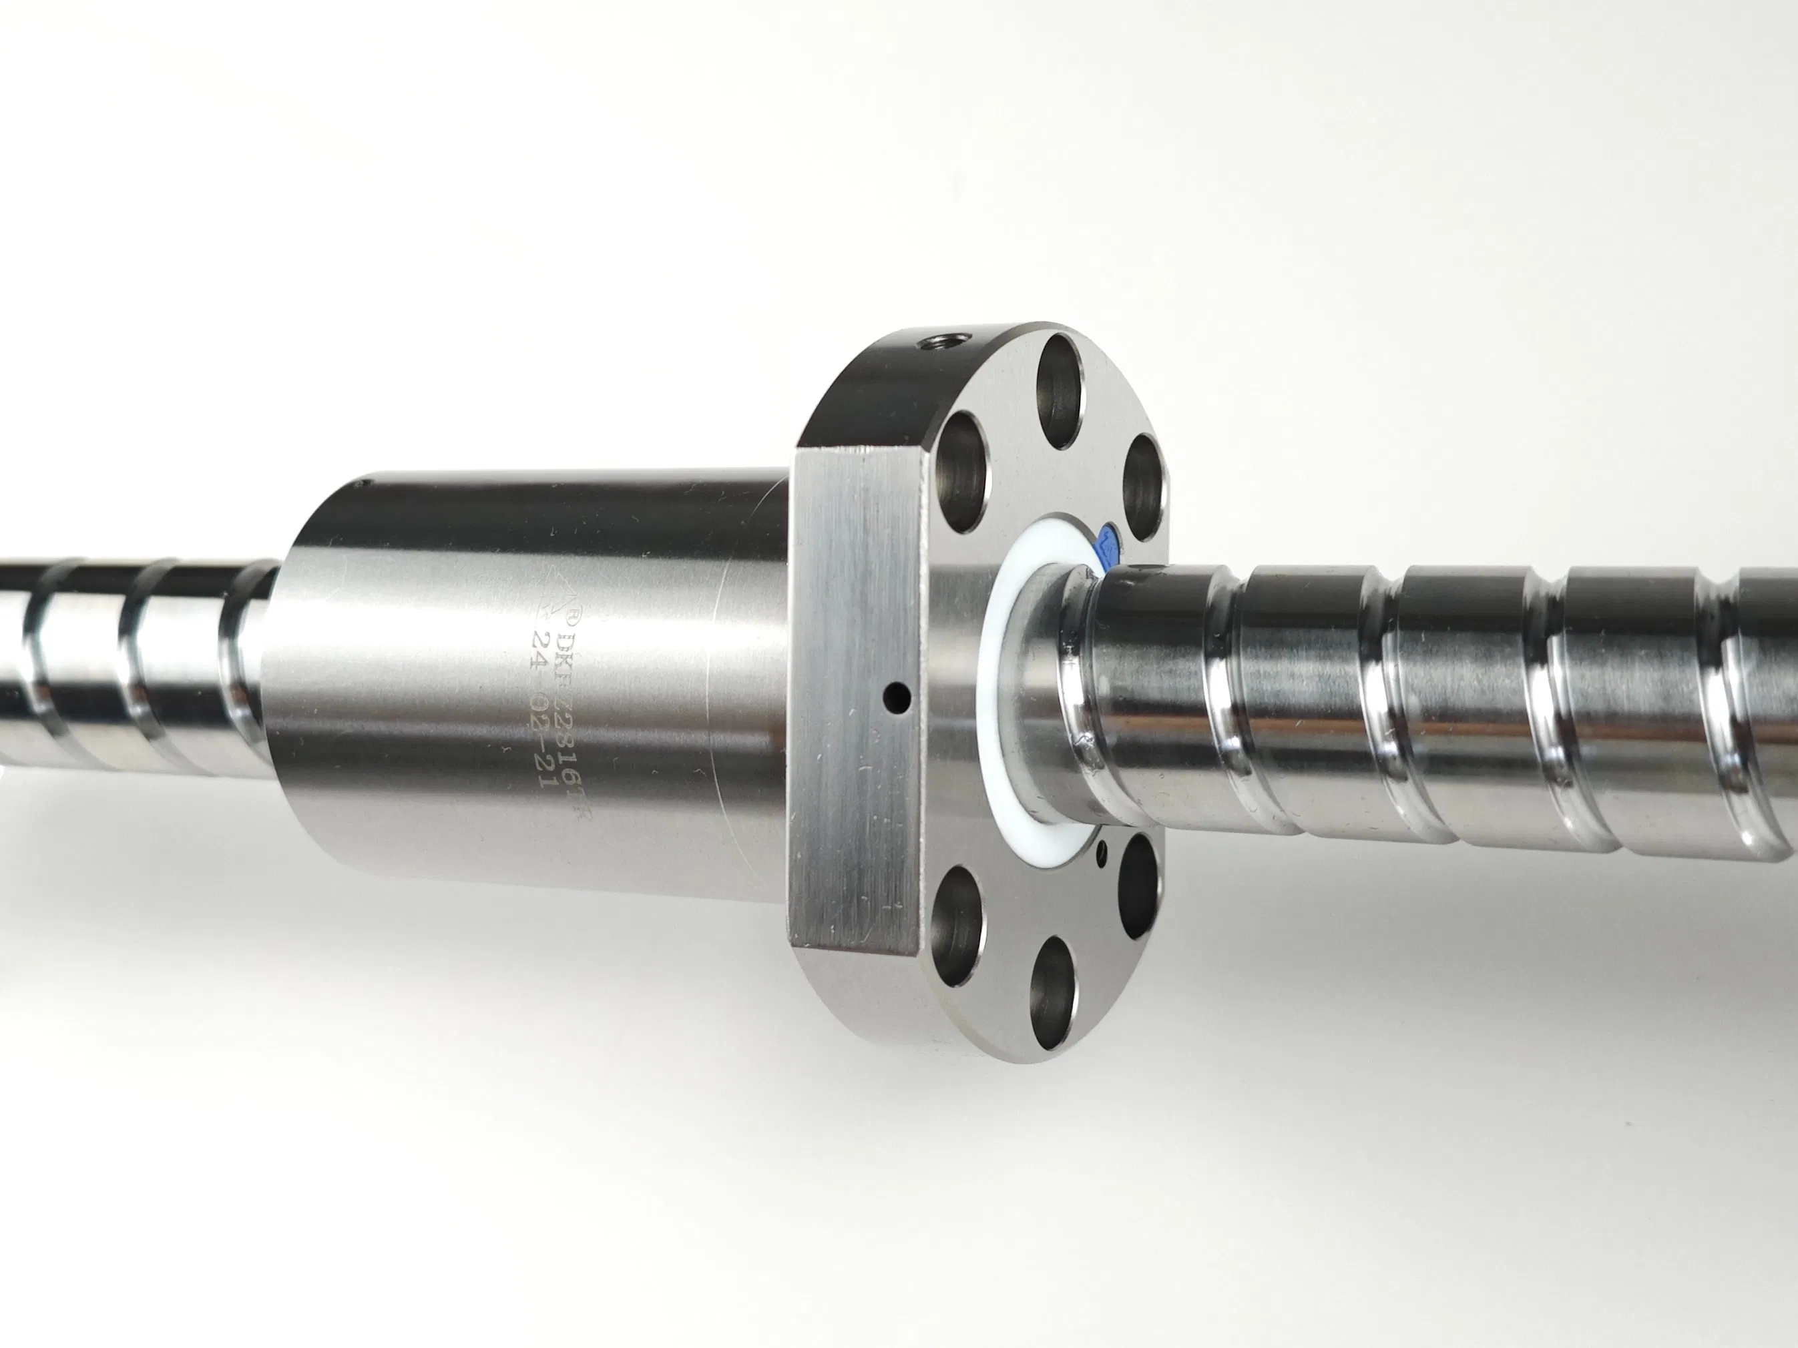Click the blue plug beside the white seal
(x=1107, y=547)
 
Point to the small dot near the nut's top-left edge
(x=363, y=486)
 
